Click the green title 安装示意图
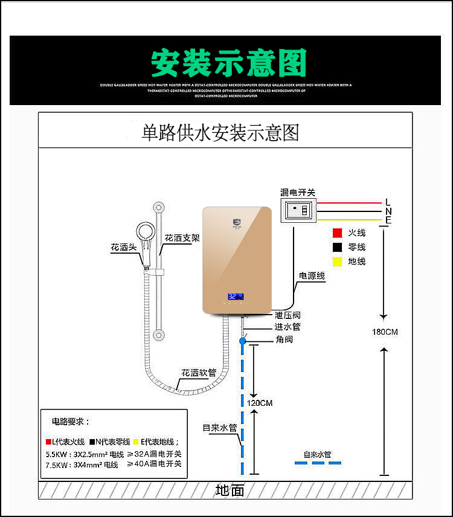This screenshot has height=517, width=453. pos(228,62)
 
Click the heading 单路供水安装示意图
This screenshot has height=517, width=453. pos(220,132)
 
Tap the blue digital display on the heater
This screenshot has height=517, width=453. pos(236,297)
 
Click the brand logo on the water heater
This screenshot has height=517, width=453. pos(236,225)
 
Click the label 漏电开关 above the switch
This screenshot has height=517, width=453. pos(298,193)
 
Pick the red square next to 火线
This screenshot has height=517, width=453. pos(337,233)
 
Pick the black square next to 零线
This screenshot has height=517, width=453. pos(337,247)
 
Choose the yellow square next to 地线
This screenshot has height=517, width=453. pos(337,262)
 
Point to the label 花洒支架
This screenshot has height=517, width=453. pos(182,237)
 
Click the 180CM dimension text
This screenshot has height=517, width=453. pos(385,332)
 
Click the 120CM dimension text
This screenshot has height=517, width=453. pos(259,403)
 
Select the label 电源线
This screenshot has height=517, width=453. pos(312,276)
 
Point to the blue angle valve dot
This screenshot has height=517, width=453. pos(242,341)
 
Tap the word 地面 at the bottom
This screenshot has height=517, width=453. pos(230,490)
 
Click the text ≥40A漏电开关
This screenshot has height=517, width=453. pos(154,464)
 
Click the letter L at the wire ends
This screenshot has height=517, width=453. pos(388,202)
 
